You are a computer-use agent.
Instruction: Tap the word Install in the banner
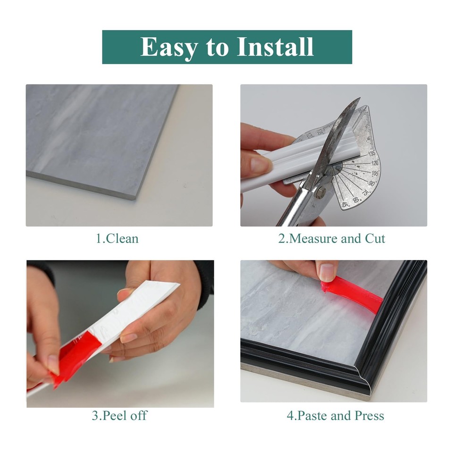(275, 47)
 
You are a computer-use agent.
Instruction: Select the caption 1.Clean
(117, 238)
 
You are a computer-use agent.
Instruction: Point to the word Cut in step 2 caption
(375, 238)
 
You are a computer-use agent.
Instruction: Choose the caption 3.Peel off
(119, 416)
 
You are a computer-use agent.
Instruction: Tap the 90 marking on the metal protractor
(372, 184)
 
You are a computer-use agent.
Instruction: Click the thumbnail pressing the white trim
(260, 165)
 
